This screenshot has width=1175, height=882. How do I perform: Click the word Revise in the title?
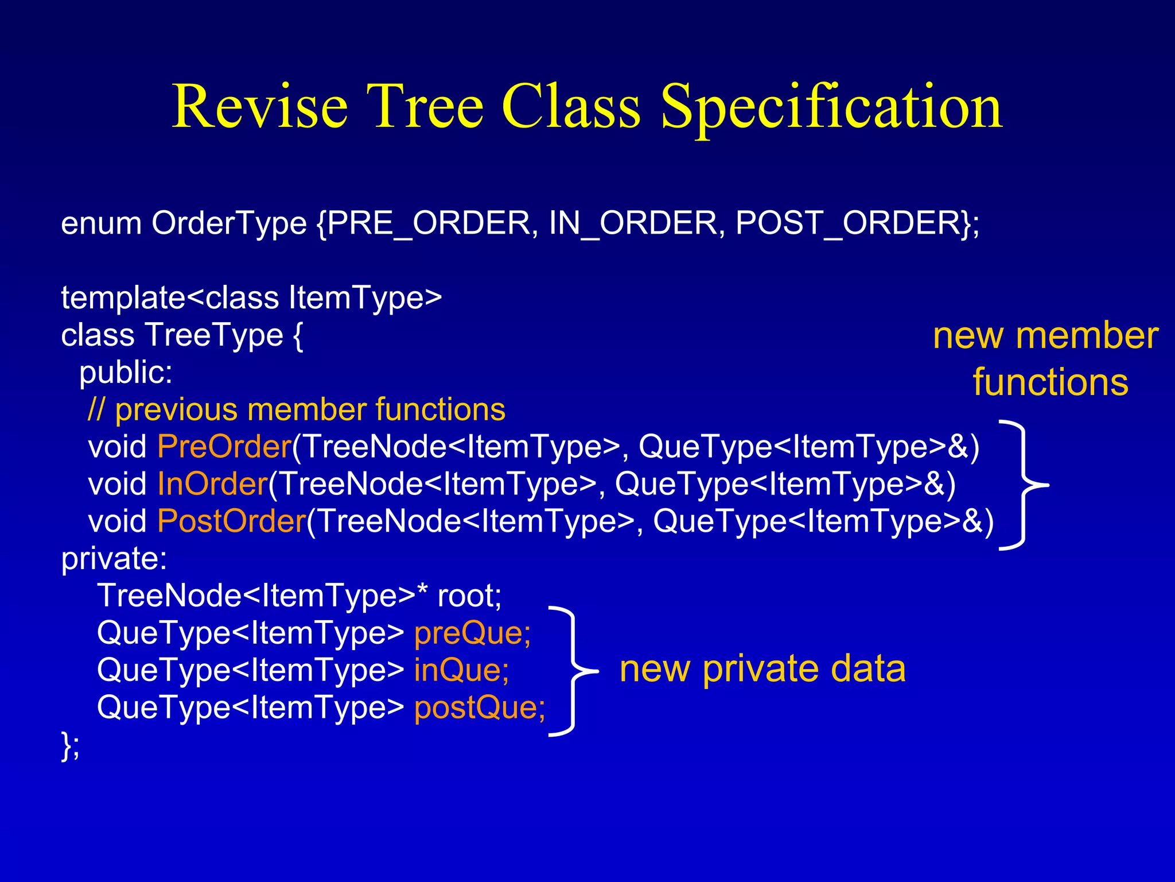pyautogui.click(x=260, y=106)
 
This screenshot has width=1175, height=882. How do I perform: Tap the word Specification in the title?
pyautogui.click(x=831, y=107)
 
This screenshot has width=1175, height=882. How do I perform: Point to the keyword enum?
pyautogui.click(x=101, y=224)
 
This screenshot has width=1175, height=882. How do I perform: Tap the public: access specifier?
pyautogui.click(x=126, y=373)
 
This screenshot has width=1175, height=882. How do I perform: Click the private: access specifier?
pyautogui.click(x=114, y=558)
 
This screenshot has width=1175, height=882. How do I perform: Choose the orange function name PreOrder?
pyautogui.click(x=224, y=447)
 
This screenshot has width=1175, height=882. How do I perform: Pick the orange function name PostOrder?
pyautogui.click(x=231, y=521)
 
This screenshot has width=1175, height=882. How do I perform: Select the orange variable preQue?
pyautogui.click(x=472, y=633)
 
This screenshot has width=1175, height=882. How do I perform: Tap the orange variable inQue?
pyautogui.click(x=461, y=670)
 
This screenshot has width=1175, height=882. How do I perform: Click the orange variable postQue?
pyautogui.click(x=479, y=707)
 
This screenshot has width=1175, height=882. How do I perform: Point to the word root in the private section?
pyautogui.click(x=468, y=596)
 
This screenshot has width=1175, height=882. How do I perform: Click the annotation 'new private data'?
pyautogui.click(x=762, y=670)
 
